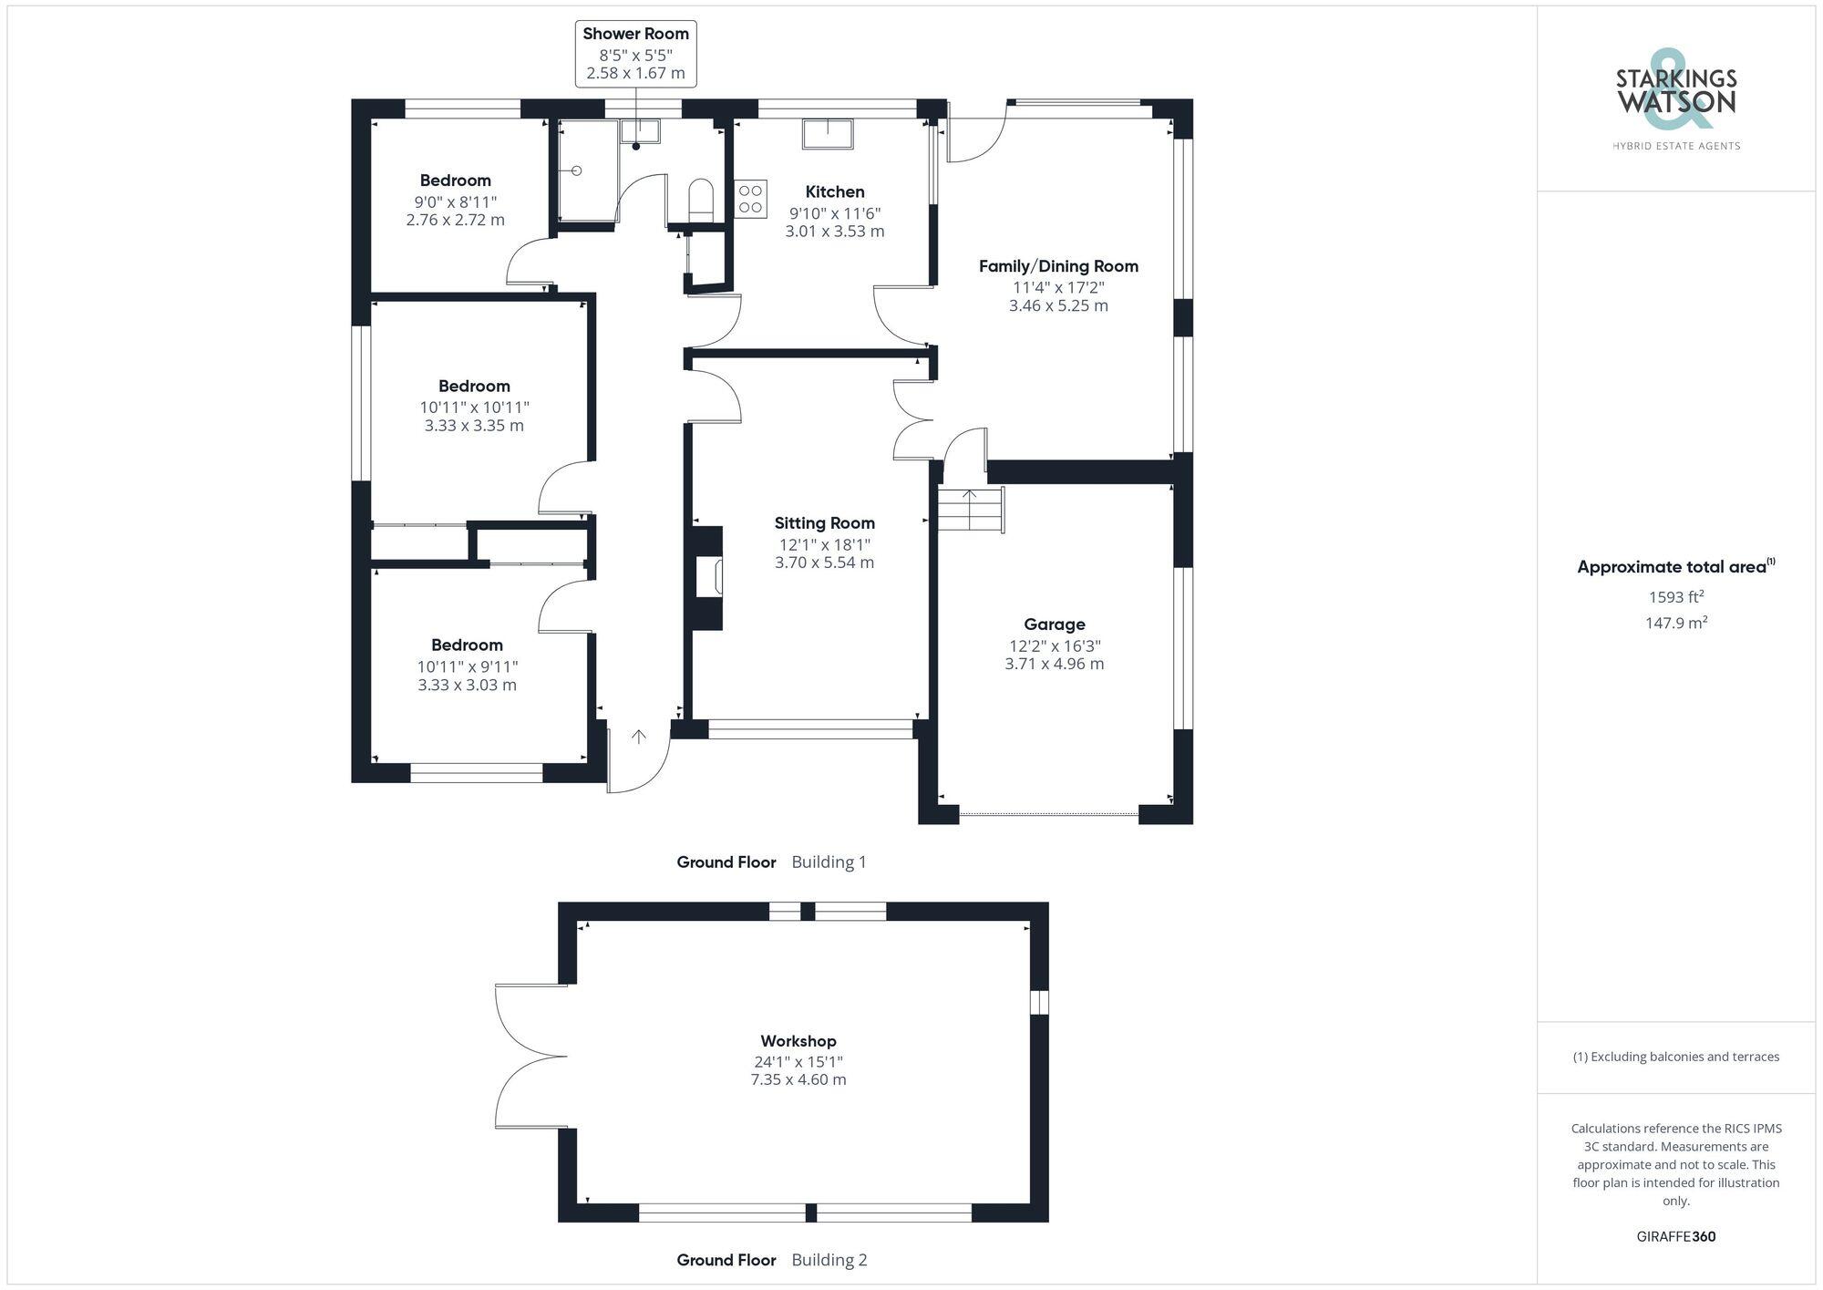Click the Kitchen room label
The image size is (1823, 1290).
pyautogui.click(x=834, y=191)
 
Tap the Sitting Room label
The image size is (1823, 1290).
pyautogui.click(x=824, y=523)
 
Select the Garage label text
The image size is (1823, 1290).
pyautogui.click(x=1054, y=624)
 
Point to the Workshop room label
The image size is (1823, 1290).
pyautogui.click(x=798, y=1041)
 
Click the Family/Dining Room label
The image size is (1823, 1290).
pyautogui.click(x=1058, y=266)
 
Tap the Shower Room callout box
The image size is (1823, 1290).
pyautogui.click(x=635, y=54)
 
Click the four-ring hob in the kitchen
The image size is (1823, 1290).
pyautogui.click(x=750, y=199)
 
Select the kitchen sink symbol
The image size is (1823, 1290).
pyautogui.click(x=828, y=133)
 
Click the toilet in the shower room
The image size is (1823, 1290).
pyautogui.click(x=700, y=199)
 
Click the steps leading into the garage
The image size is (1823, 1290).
pyautogui.click(x=971, y=510)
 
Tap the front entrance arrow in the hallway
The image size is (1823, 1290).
pyautogui.click(x=639, y=737)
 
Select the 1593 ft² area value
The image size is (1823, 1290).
pyautogui.click(x=1675, y=597)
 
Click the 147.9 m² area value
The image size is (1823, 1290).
pyautogui.click(x=1675, y=623)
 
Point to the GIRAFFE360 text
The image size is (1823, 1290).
pyautogui.click(x=1675, y=1237)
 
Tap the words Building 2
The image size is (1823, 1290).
pyautogui.click(x=829, y=1260)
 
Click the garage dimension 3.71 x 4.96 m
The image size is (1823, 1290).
pyautogui.click(x=1054, y=664)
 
